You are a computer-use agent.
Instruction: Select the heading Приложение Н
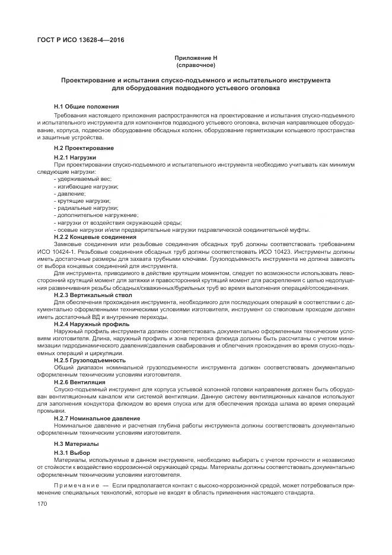point(196,58)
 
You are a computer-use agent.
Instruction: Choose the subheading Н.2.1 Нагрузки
point(75,157)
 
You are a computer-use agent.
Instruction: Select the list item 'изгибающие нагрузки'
point(87,186)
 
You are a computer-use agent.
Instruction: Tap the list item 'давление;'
point(71,194)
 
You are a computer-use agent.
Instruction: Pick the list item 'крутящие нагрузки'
point(83,201)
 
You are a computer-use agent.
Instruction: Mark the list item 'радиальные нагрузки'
point(87,208)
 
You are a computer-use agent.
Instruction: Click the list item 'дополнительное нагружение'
point(97,215)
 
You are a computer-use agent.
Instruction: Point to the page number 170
point(42,503)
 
